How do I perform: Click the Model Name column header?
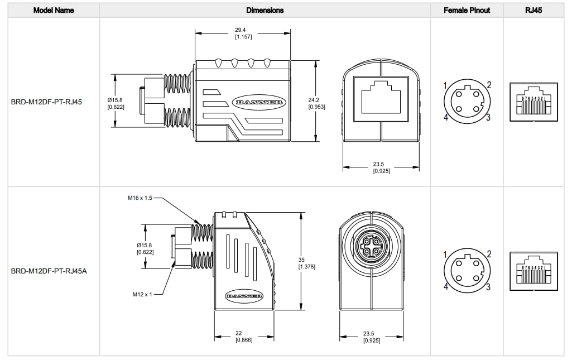[54, 10]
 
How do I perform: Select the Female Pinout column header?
[467, 10]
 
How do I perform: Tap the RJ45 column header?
[533, 10]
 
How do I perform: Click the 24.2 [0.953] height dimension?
[316, 103]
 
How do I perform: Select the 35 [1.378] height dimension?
[306, 263]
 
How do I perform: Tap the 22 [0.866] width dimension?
[243, 337]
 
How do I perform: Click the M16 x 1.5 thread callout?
[140, 198]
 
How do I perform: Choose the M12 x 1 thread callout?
[142, 294]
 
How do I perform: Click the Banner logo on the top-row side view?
[258, 102]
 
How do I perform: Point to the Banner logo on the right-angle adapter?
[244, 295]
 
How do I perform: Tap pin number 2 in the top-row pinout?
[488, 85]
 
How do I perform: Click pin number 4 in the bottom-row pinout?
[445, 286]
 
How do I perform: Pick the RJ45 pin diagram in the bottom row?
[533, 270]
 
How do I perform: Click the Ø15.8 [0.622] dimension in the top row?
[116, 103]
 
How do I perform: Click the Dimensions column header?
[265, 10]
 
